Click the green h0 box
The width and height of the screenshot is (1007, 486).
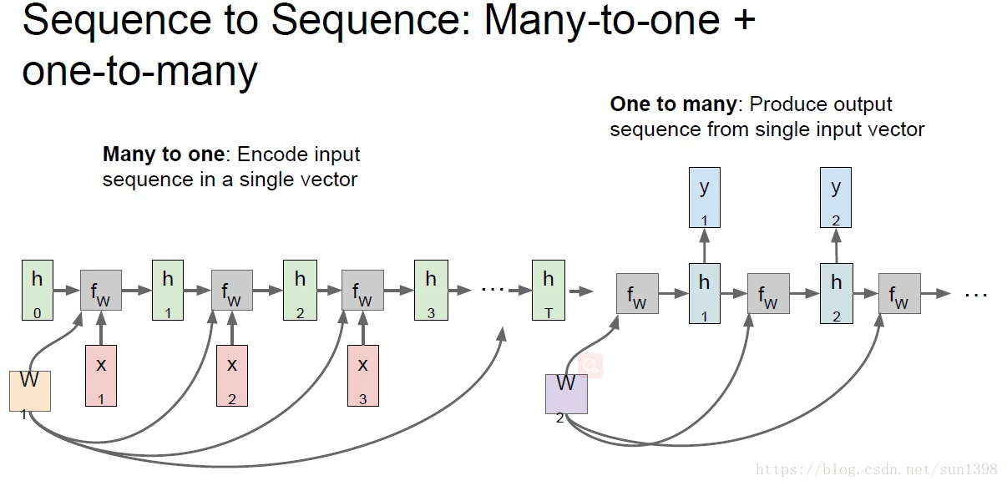pos(37,290)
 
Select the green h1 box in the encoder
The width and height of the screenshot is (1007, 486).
pos(168,290)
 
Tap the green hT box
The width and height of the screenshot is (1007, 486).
pos(549,290)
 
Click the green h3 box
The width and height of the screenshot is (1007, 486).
pos(431,290)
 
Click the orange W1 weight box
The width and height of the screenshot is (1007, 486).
pos(30,390)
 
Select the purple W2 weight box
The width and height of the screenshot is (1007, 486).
pos(566,393)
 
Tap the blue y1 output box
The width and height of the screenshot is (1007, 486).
pos(704,197)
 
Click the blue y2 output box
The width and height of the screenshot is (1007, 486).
pos(836,197)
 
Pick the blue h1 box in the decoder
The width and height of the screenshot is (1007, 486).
pos(704,293)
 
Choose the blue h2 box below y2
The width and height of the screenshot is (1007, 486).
pos(836,293)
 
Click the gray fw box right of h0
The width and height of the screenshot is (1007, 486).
pos(101,291)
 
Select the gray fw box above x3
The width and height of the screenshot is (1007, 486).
pos(363,291)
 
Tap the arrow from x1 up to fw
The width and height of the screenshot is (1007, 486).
pos(101,328)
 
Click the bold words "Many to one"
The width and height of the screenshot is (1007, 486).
pos(164,154)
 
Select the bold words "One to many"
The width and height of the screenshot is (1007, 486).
pos(673,104)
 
